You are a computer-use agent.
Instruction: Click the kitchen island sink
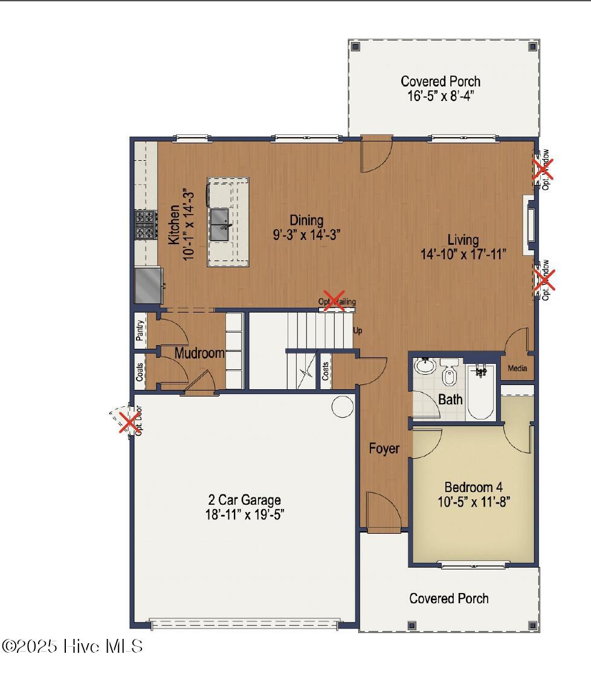tap(219, 224)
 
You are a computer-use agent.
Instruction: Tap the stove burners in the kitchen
tap(145, 224)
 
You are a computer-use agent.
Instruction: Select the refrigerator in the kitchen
tap(147, 285)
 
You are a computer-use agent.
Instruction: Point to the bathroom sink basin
tap(424, 366)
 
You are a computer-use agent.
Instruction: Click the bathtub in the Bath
tap(481, 390)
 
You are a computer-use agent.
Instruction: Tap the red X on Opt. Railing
tap(334, 301)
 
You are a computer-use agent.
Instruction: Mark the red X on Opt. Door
tap(128, 422)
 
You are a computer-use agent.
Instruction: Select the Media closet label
tap(517, 368)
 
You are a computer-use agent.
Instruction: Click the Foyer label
tap(384, 449)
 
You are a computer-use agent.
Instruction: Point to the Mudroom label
tap(199, 353)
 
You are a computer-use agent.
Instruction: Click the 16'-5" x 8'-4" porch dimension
tap(441, 96)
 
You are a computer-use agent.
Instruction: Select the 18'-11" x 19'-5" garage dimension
tap(244, 514)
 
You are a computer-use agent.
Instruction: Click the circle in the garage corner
tap(343, 406)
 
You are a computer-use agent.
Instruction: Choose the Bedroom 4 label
tap(473, 487)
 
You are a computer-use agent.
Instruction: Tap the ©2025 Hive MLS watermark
tap(73, 646)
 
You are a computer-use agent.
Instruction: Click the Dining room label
tap(306, 220)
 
